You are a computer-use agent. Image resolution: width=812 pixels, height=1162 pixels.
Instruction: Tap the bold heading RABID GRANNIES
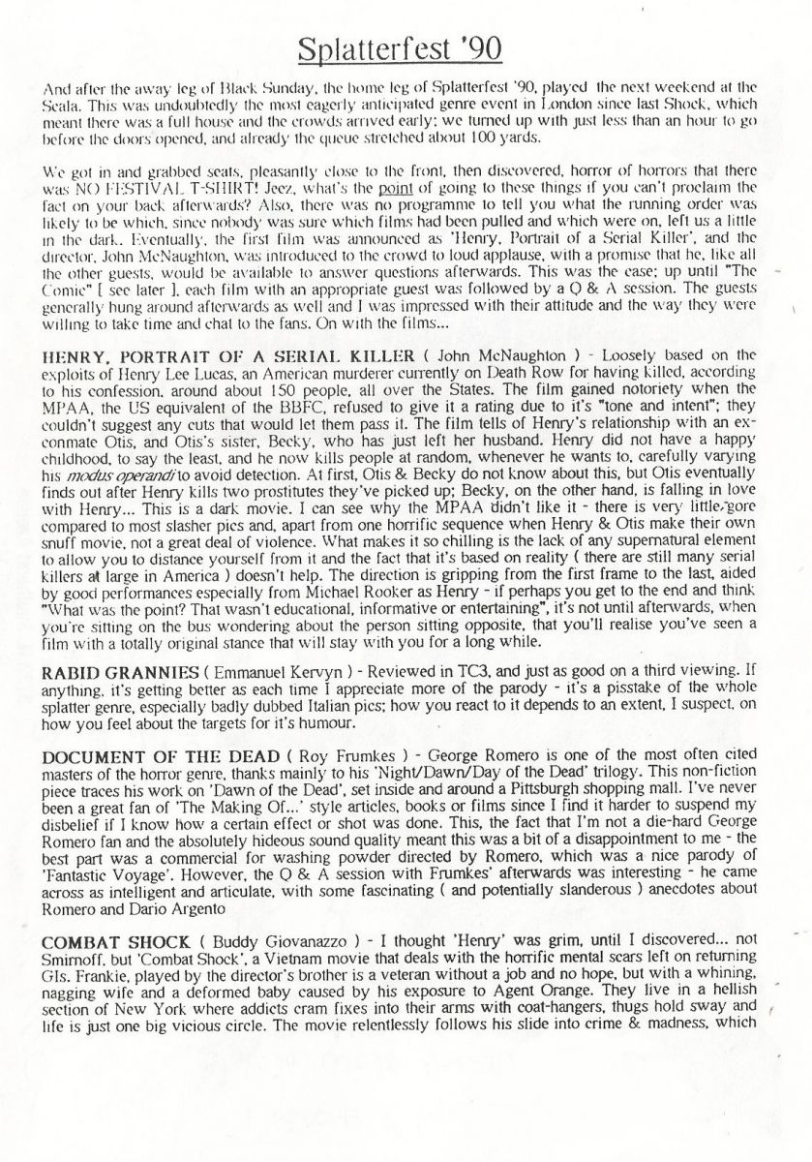coord(107,673)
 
